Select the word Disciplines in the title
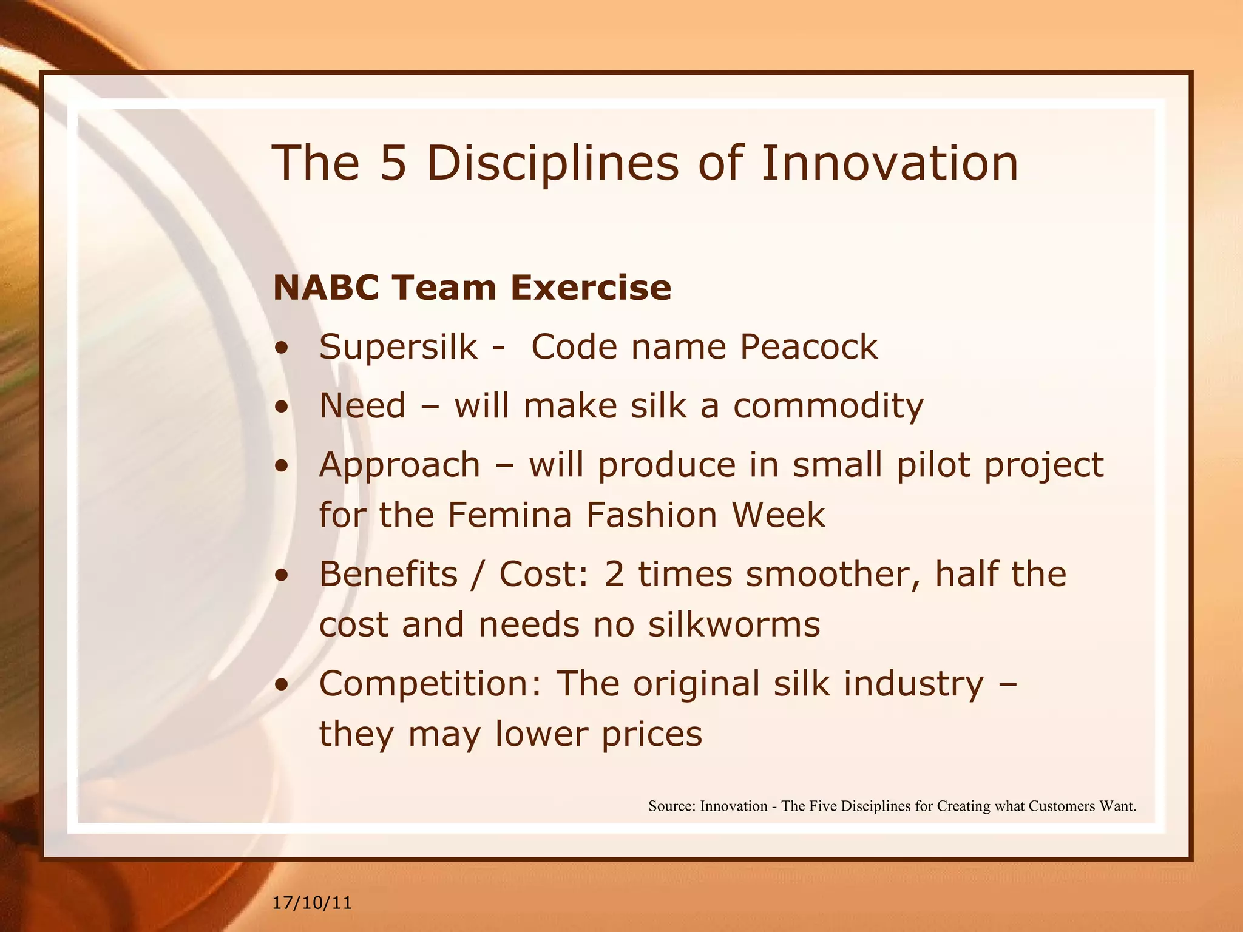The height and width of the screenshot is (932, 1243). pos(552,164)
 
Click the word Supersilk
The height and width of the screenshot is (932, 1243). pos(398,346)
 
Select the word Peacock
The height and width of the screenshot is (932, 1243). pos(808,346)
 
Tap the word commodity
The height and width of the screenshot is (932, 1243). pos(828,406)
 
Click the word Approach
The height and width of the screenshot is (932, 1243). pos(399,466)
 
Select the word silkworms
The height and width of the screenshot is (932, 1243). pos(734,624)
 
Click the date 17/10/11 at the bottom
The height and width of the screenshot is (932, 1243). pos(312,903)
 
